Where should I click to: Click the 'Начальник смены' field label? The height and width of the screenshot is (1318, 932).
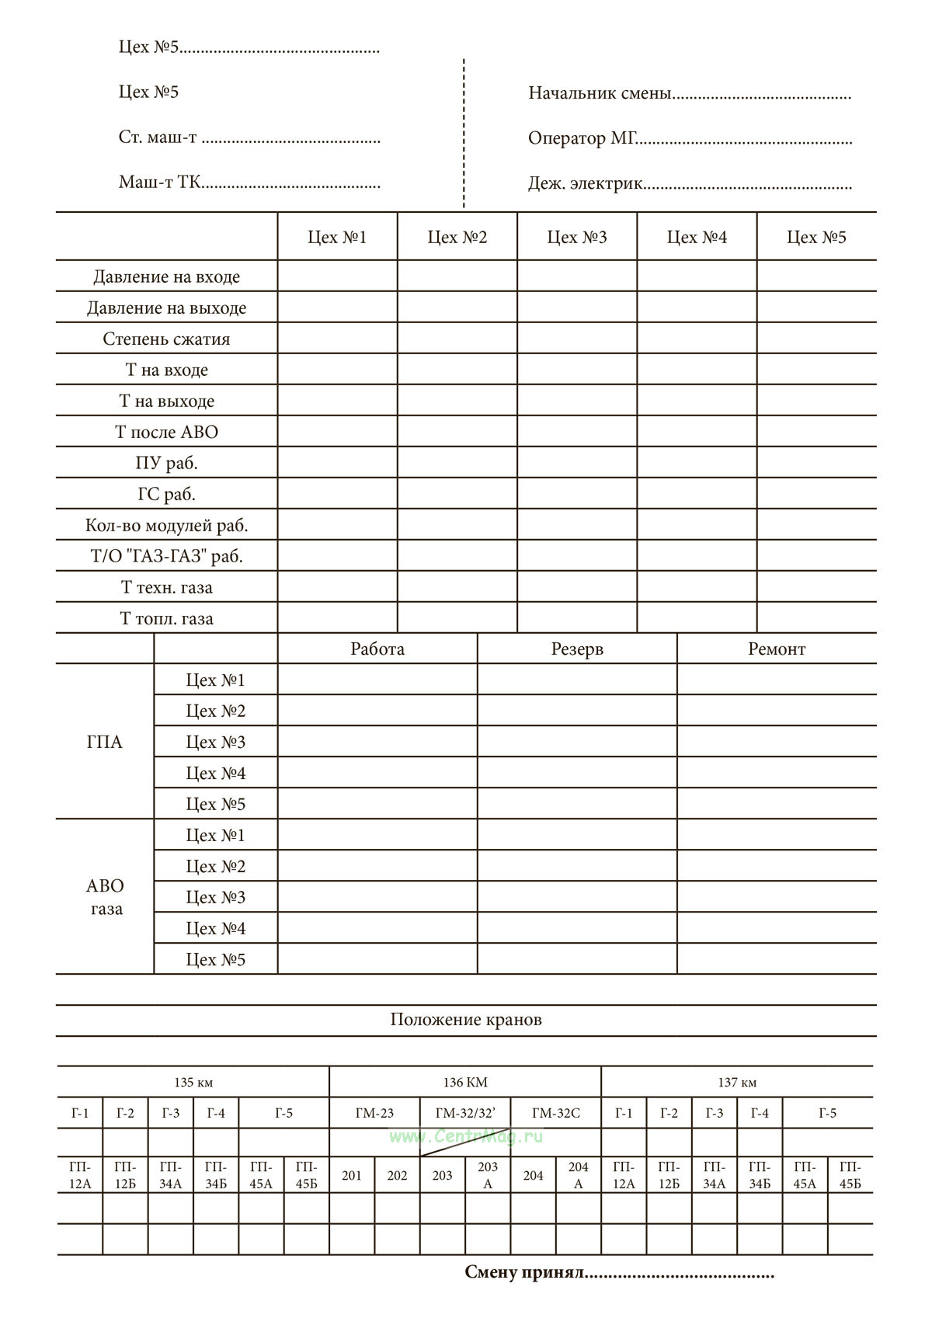pos(600,94)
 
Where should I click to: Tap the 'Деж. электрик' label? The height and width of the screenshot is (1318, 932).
pos(586,184)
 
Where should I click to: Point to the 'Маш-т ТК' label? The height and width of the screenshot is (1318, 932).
pos(160,183)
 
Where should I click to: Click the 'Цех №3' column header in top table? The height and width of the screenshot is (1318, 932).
pos(577,237)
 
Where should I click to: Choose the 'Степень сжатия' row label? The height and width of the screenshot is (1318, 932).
pos(166,339)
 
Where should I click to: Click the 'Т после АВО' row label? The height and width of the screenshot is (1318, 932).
pos(166,432)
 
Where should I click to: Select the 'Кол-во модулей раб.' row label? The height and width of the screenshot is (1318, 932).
pos(166,525)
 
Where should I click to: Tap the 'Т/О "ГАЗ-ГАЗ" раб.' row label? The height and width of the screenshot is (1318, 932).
pos(166,556)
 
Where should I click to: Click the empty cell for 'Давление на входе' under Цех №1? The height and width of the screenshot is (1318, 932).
pos(337,276)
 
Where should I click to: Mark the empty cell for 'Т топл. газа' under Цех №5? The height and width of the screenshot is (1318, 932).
pos(816,617)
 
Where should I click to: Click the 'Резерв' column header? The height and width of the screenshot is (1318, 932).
pos(577,649)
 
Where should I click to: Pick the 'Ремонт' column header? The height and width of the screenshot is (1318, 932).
pos(777,649)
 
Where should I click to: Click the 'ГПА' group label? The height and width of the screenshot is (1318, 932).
pos(105,742)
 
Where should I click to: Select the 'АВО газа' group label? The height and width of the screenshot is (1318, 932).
pos(105,897)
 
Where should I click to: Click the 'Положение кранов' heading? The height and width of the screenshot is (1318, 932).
pos(466,1020)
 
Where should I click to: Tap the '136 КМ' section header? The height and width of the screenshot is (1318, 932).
pos(465,1082)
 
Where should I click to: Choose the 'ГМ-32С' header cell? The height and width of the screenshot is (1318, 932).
pos(556,1113)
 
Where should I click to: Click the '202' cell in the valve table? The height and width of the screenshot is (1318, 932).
pos(397,1175)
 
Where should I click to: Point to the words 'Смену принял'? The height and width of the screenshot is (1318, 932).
pos(523,1273)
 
